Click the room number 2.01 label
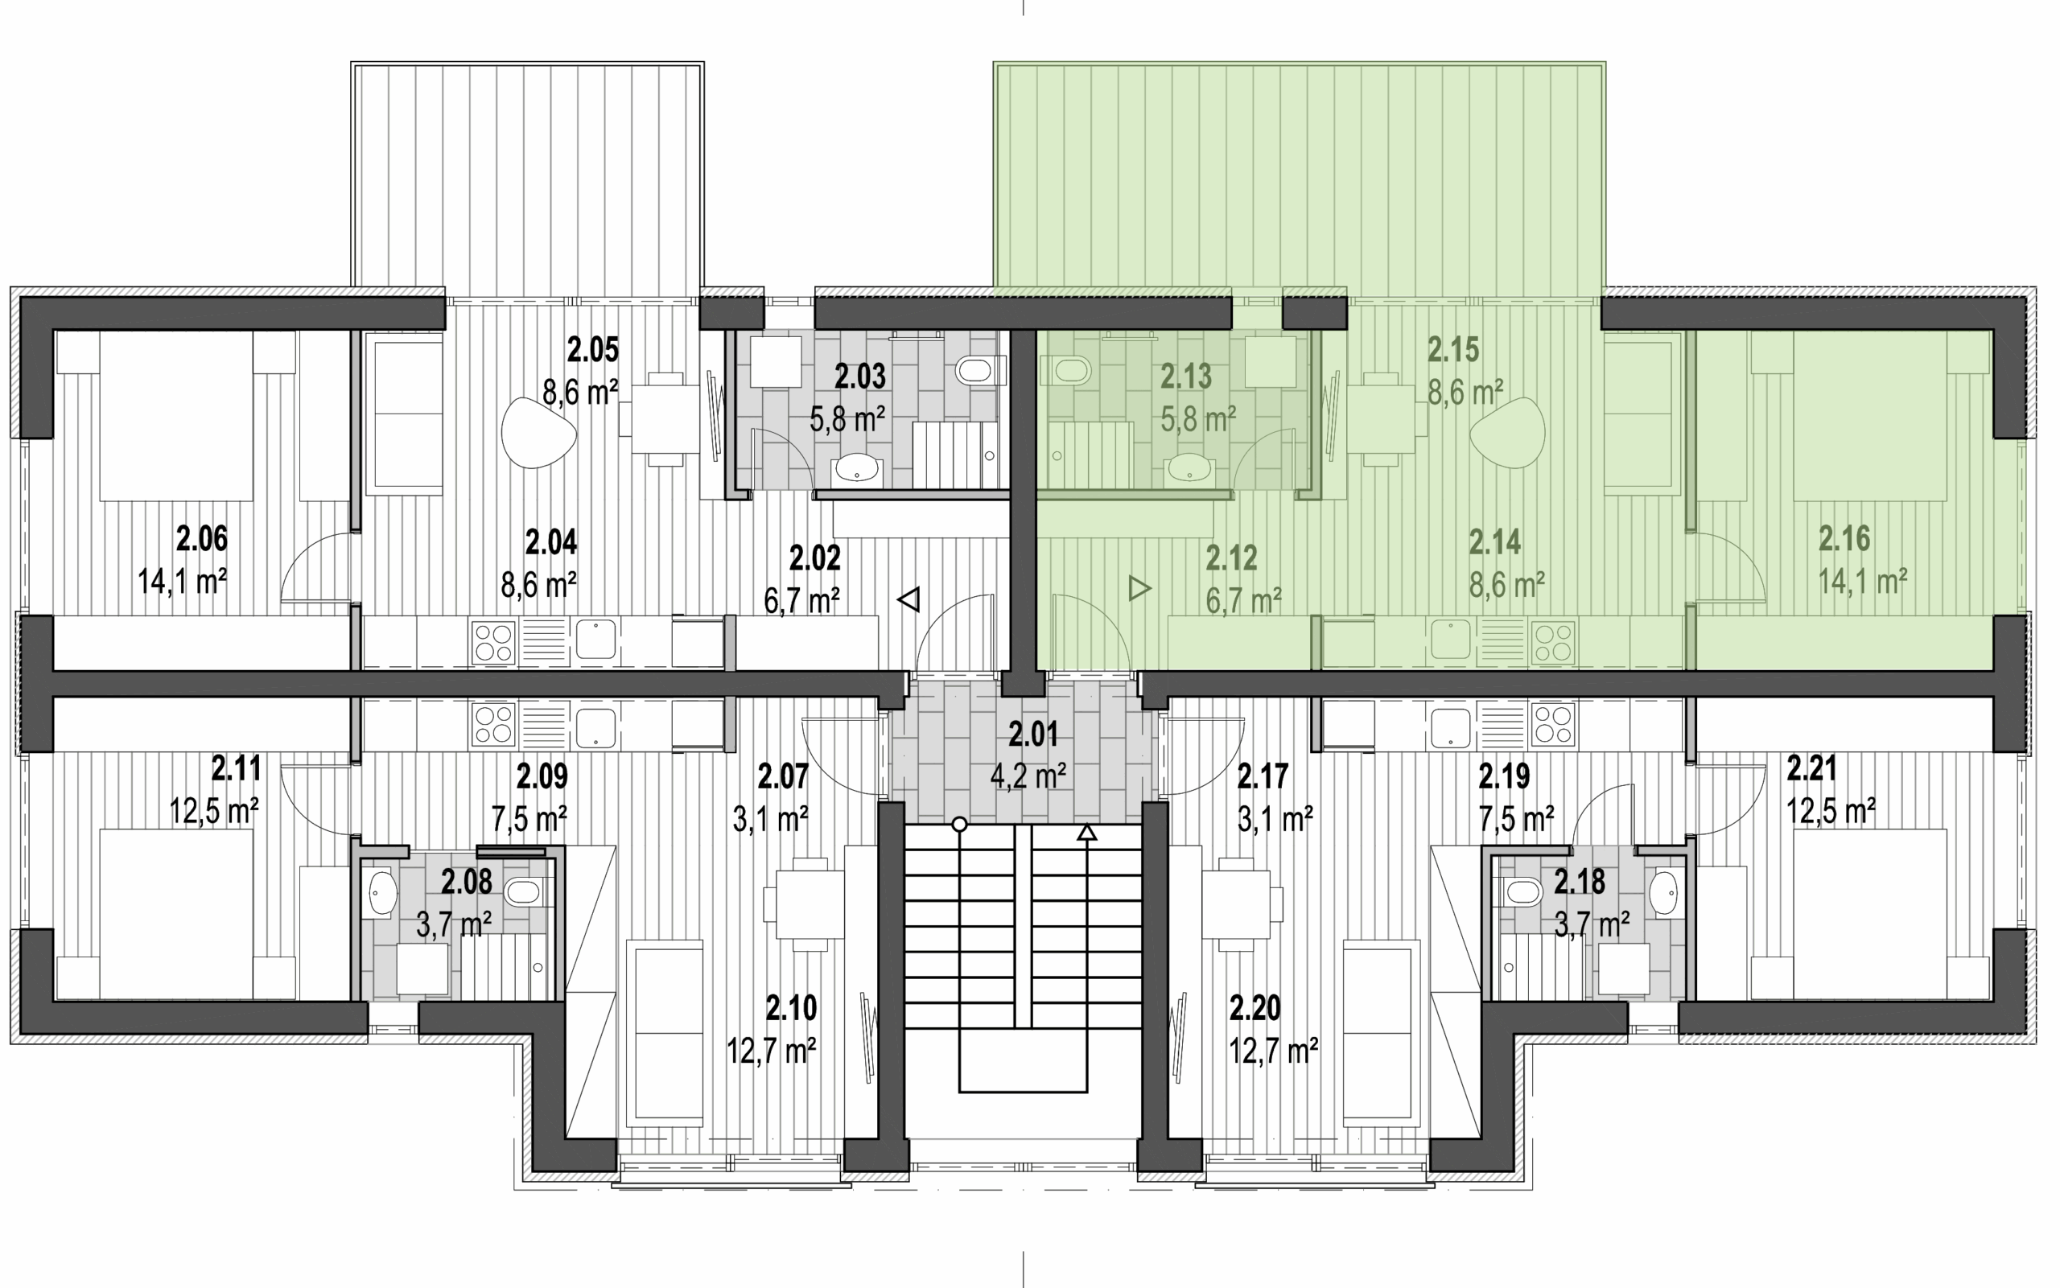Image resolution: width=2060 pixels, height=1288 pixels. [1032, 734]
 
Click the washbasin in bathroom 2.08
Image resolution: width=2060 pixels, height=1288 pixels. [378, 893]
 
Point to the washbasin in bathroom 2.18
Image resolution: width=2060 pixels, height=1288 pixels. [1665, 892]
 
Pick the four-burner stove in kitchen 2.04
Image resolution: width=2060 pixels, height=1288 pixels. [493, 643]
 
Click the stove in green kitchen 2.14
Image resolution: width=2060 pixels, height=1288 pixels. [1553, 643]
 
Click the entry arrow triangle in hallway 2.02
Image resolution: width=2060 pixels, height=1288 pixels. [909, 599]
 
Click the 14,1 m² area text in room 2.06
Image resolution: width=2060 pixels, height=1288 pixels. [182, 582]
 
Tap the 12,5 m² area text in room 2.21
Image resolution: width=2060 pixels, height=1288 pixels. [1830, 812]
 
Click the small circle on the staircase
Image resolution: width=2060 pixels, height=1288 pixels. [959, 824]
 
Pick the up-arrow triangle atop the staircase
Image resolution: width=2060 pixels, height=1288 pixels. [1086, 833]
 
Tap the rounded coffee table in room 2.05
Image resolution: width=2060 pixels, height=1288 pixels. [538, 433]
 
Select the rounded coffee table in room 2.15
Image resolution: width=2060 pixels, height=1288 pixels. [1507, 433]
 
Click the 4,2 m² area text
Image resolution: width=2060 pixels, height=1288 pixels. [1028, 776]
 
